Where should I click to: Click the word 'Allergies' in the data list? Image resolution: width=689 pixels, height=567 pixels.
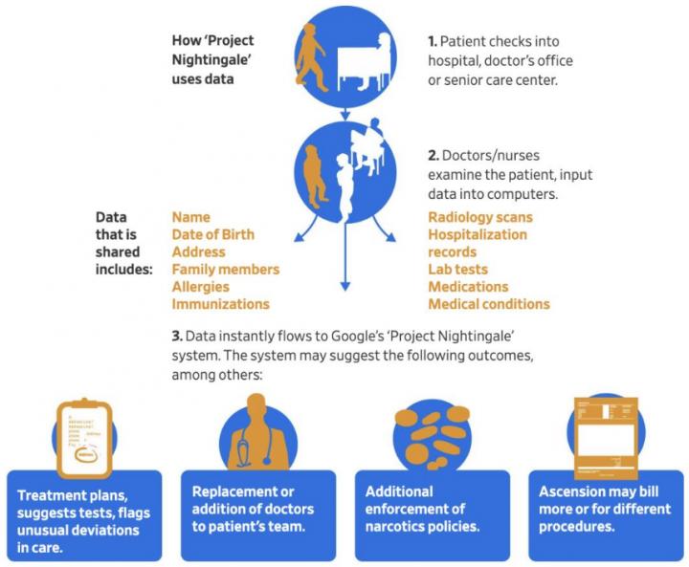click(200, 287)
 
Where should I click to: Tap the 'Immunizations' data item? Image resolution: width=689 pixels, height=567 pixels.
click(221, 304)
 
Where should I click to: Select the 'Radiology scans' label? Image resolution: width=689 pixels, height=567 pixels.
click(480, 217)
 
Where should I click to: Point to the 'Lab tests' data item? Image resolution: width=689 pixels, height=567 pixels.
click(457, 270)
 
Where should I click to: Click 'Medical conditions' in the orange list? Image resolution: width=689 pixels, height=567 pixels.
click(489, 304)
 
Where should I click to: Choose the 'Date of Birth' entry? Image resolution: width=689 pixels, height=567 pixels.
click(213, 234)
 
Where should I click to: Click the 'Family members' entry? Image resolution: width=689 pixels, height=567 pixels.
click(226, 270)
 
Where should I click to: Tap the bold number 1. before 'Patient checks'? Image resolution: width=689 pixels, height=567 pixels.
click(433, 41)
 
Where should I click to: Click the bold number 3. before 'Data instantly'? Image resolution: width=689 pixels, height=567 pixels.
click(177, 336)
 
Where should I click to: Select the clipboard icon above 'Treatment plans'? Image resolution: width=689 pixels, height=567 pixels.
click(84, 438)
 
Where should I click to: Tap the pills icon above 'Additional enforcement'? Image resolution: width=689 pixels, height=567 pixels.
click(433, 437)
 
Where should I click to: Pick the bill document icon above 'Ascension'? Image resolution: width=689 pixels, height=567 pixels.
click(606, 438)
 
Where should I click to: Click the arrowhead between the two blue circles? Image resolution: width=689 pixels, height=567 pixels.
click(345, 116)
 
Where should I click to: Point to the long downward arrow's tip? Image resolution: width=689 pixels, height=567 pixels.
click(345, 290)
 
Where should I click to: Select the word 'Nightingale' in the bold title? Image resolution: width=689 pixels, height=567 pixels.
click(211, 59)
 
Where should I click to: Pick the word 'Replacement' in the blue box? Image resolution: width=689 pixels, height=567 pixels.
click(231, 491)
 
